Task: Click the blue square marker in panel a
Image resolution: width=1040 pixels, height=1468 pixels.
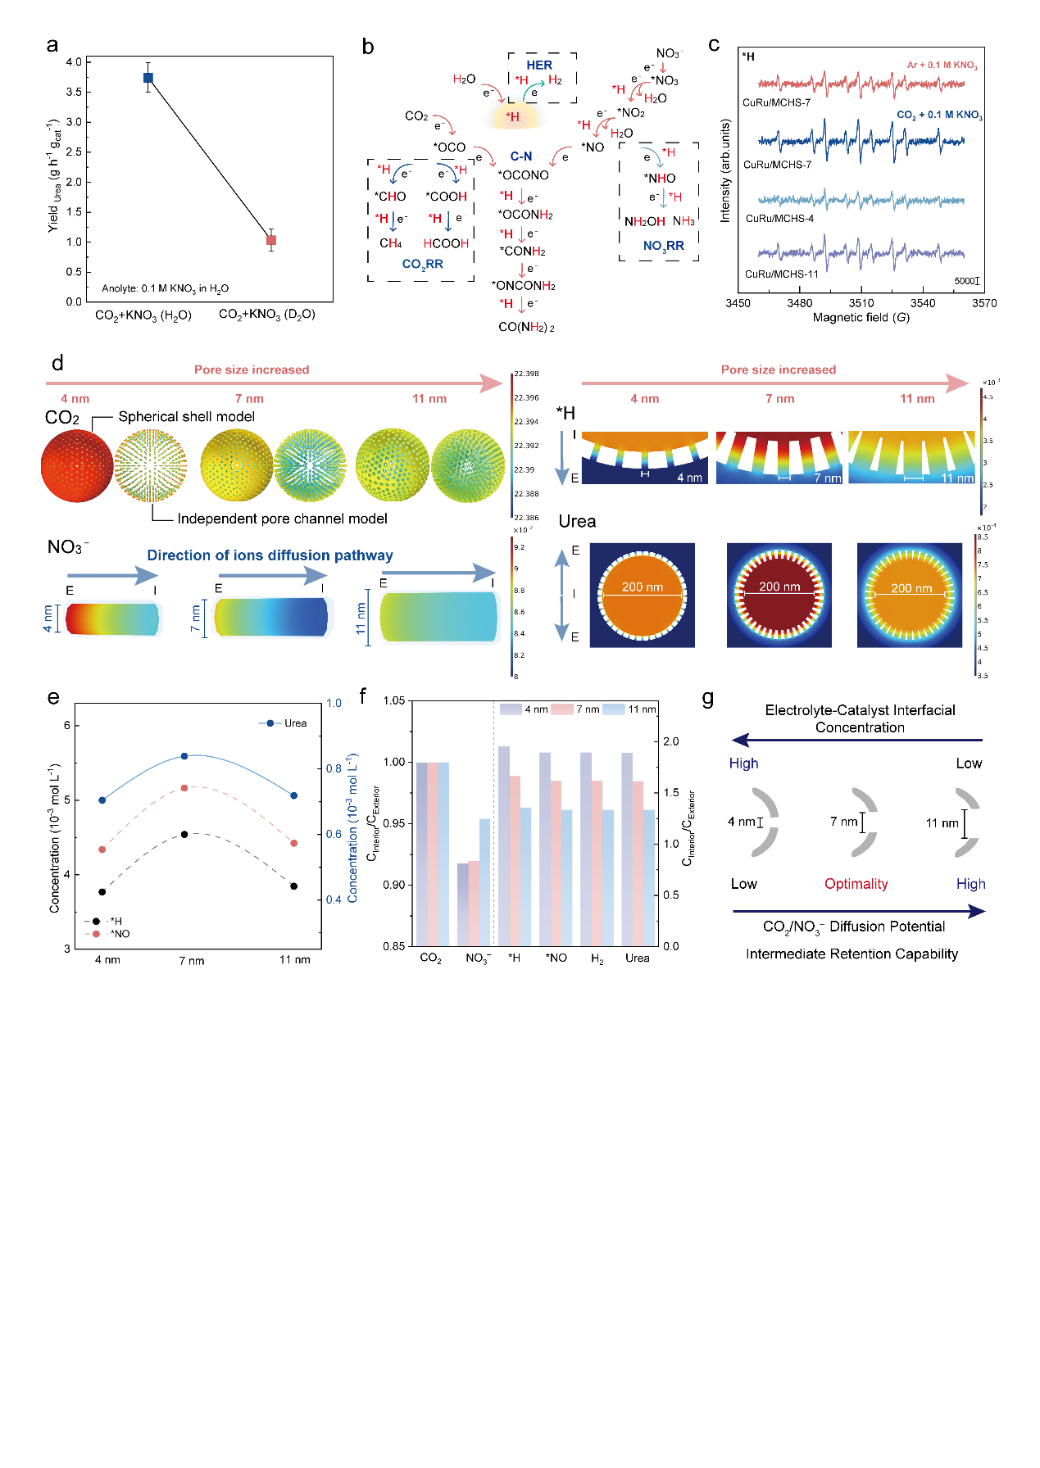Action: (148, 78)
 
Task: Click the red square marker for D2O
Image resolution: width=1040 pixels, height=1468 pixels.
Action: (271, 240)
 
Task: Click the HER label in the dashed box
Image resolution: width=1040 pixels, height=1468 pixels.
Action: (539, 65)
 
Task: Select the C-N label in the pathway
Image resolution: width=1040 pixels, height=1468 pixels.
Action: (521, 156)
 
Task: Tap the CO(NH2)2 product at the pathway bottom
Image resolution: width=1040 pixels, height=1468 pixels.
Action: (526, 327)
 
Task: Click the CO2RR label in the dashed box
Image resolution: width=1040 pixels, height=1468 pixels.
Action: (422, 264)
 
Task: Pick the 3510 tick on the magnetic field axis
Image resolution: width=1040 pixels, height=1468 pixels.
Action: (861, 303)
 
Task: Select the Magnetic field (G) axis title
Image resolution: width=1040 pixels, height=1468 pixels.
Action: (861, 317)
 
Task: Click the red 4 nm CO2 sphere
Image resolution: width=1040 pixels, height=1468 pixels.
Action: (77, 466)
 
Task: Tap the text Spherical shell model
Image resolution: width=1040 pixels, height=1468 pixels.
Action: (186, 417)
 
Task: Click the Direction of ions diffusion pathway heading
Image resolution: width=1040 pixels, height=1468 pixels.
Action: (270, 555)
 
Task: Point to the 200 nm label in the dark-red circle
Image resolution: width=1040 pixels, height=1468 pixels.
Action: (779, 587)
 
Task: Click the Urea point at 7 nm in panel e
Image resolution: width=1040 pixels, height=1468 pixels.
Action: (184, 756)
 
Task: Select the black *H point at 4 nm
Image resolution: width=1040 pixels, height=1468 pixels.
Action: (102, 891)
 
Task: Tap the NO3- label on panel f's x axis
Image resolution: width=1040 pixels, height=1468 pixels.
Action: (477, 958)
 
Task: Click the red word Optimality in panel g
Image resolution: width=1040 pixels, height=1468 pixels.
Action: (856, 884)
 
